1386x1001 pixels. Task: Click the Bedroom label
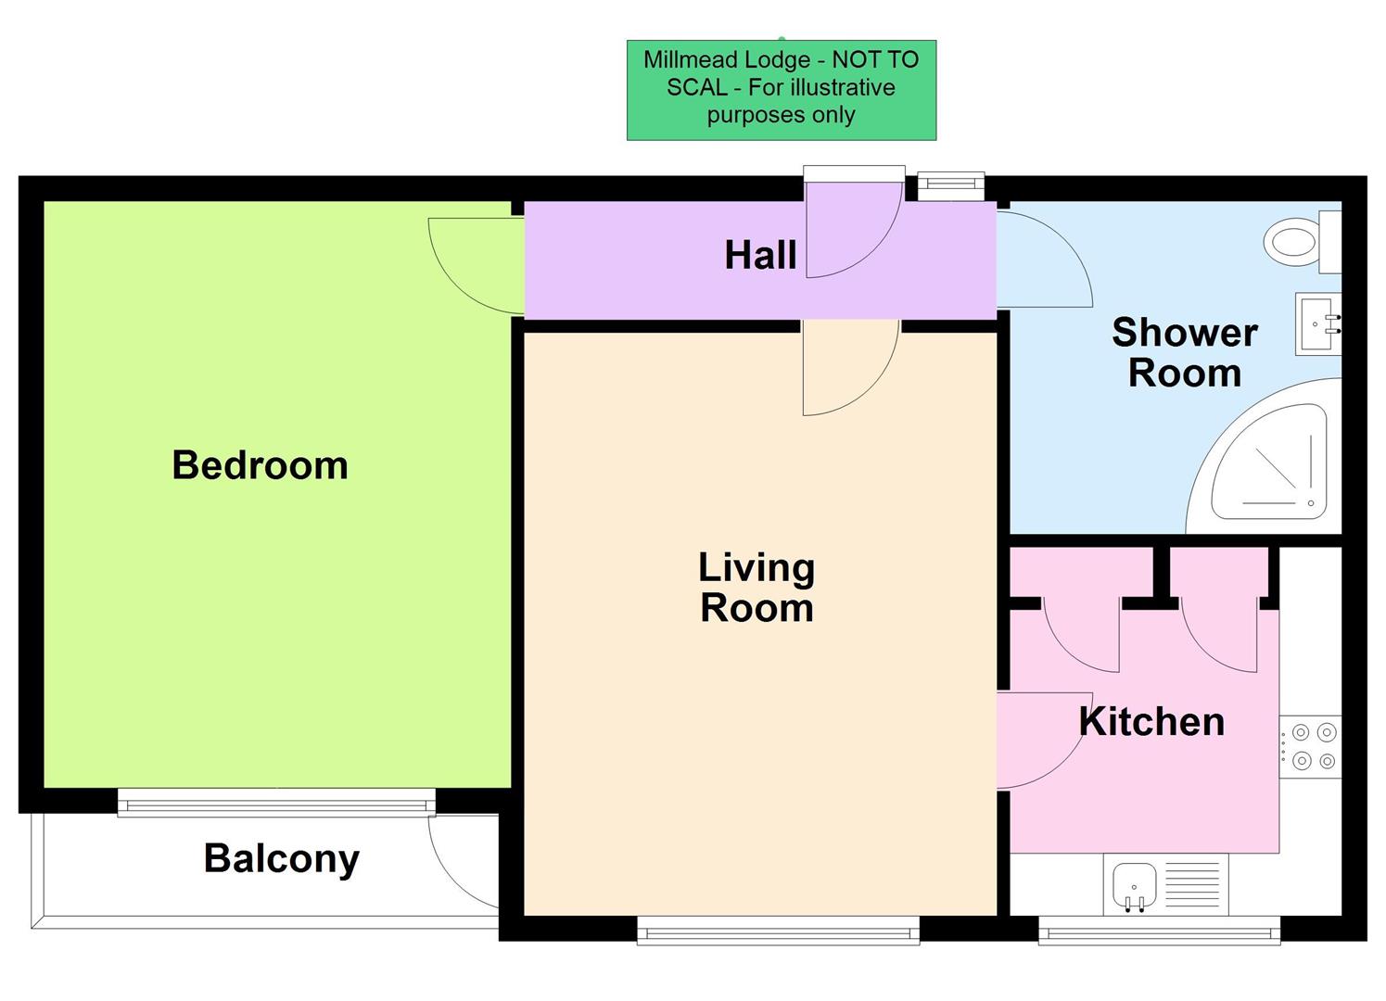260,464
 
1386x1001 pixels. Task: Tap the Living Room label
757,588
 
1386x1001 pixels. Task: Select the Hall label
760,255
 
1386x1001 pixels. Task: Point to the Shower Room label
1184,352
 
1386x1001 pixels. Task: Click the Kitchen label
1151,722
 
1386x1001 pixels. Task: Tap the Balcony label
281,858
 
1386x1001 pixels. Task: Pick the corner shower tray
1275,463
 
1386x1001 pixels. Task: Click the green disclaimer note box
782,90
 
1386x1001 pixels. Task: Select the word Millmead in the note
687,60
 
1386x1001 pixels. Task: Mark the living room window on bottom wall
778,931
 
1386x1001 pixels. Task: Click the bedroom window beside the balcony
276,803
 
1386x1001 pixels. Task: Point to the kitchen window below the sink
1159,931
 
